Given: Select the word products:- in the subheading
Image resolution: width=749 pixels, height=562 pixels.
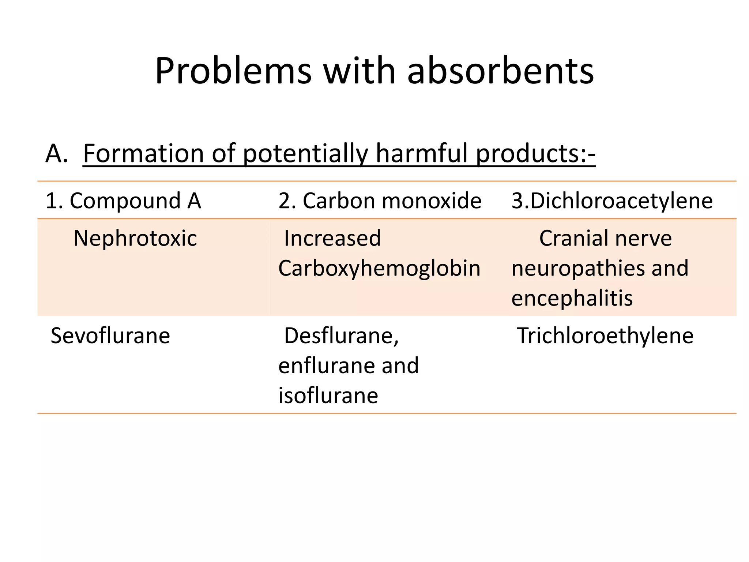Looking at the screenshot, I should coord(535,153).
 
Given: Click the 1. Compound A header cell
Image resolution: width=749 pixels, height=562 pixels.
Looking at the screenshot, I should coord(123,201).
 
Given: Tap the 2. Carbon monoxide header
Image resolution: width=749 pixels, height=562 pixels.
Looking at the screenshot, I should coord(380,201).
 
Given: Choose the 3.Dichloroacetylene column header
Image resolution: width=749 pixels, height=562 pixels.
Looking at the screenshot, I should coord(612,201).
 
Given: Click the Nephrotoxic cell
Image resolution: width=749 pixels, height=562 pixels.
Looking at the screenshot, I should coord(135,238).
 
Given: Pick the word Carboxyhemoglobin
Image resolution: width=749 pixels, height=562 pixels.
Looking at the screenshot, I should coord(379,268).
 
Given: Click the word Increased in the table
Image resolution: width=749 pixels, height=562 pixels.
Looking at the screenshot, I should coord(332,238).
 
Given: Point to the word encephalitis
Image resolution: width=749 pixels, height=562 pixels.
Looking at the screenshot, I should coord(572,298).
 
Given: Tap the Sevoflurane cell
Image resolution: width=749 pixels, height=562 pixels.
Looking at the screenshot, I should coord(110,336).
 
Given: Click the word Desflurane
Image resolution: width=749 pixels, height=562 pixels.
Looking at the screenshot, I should coord(341,336).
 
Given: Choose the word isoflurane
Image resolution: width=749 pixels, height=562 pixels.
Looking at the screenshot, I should coord(328,396).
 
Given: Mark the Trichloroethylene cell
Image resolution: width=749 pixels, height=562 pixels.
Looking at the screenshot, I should coord(605,336).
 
